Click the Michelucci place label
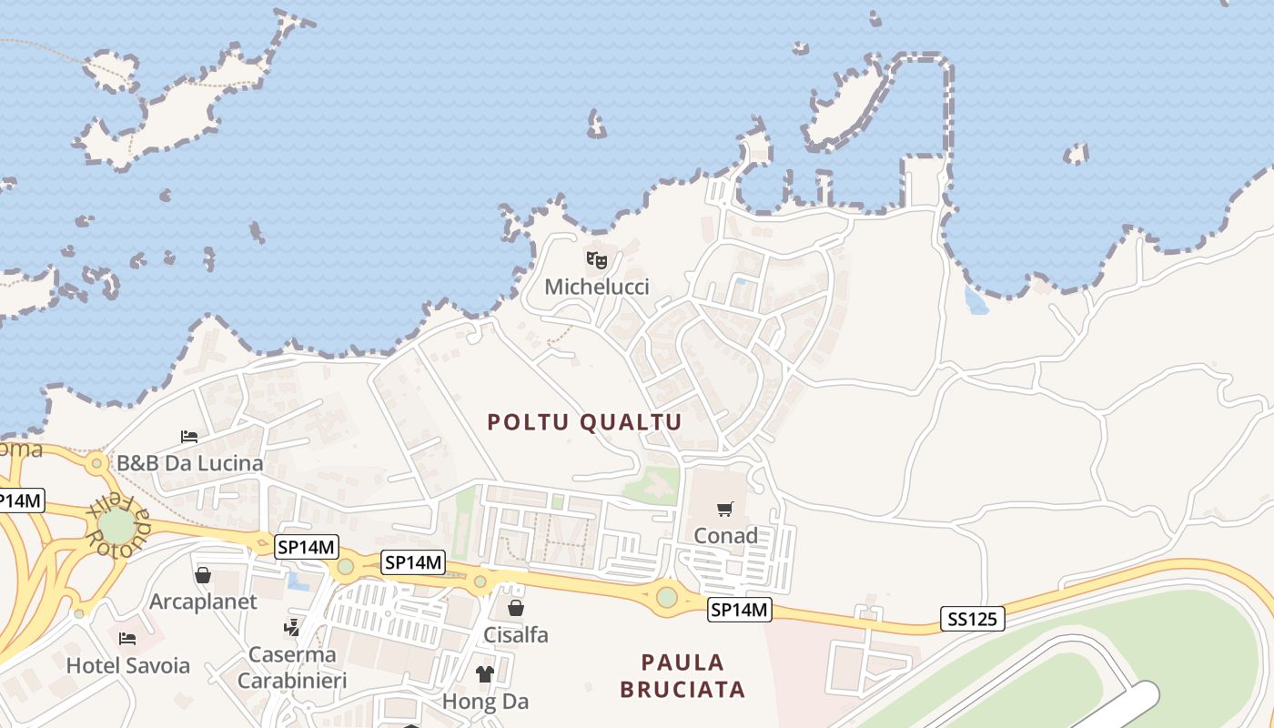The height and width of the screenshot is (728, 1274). click(597, 288)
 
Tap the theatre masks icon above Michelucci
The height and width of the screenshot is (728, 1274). click(597, 260)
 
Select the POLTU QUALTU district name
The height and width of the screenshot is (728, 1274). click(584, 422)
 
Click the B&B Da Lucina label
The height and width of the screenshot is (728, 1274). click(189, 463)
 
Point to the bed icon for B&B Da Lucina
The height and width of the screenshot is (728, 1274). click(189, 437)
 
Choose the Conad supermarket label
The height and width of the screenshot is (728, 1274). click(725, 536)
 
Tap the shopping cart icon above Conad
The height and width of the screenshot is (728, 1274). click(725, 509)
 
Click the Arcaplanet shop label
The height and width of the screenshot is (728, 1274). click(203, 602)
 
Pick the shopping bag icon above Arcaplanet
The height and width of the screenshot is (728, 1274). click(203, 575)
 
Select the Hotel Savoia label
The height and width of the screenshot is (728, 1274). click(128, 665)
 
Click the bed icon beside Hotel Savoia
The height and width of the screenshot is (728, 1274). click(127, 639)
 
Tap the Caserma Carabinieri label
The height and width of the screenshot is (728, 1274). click(288, 667)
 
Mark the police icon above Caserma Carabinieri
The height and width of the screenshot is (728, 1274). click(292, 627)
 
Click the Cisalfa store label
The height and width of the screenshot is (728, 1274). click(516, 634)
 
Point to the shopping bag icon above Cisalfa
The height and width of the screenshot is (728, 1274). click(516, 608)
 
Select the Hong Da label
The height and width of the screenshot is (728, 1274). click(485, 702)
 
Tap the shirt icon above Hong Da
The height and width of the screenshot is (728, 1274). click(485, 674)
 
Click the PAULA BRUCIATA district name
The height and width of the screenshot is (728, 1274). click(682, 675)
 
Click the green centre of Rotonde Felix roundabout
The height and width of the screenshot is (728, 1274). click(116, 526)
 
